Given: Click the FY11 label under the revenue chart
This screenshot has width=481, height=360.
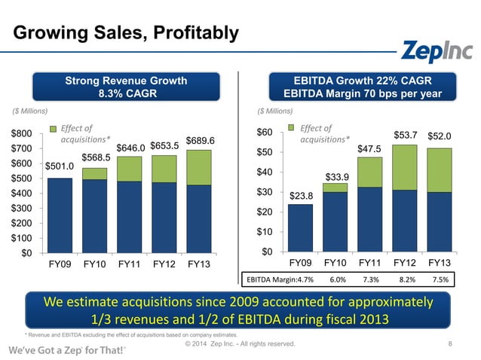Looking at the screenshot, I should click(130, 266).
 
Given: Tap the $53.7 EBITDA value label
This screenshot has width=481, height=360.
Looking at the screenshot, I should click(405, 135).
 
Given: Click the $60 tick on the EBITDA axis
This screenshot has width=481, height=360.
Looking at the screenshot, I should click(265, 133).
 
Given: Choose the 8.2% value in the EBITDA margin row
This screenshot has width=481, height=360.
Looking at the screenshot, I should click(406, 279).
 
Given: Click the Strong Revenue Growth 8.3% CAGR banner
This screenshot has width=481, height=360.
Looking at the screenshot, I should click(126, 87).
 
